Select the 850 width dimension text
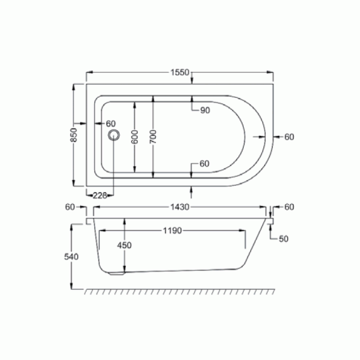(x=74, y=135)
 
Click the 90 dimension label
(x=205, y=111)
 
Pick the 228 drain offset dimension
(x=100, y=195)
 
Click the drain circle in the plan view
(x=114, y=135)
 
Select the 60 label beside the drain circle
(x=111, y=123)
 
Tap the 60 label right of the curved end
(x=289, y=136)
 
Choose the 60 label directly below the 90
(x=204, y=164)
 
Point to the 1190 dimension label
(x=172, y=231)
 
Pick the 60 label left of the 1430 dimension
(x=70, y=207)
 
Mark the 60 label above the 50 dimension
(x=289, y=207)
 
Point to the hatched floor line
(x=180, y=292)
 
